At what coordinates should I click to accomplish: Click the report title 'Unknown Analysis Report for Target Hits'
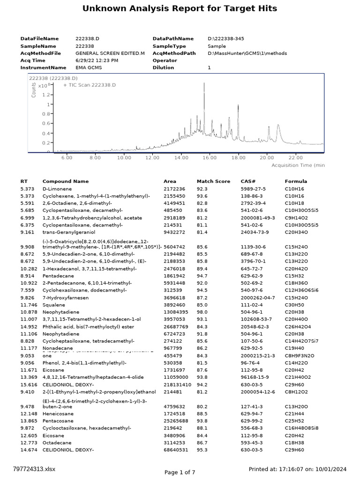pyautogui.click(x=180, y=8)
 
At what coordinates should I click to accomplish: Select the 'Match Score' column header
pyautogui.click(x=213, y=181)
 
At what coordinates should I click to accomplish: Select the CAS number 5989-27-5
pyautogui.click(x=253, y=188)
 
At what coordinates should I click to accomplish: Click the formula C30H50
pyautogui.click(x=293, y=305)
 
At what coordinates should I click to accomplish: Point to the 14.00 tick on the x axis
pyautogui.click(x=181, y=158)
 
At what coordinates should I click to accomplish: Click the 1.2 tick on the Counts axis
pyautogui.click(x=45, y=95)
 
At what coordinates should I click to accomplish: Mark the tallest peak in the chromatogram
pyautogui.click(x=204, y=83)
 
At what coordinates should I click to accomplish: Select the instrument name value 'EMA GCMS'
pyautogui.click(x=89, y=67)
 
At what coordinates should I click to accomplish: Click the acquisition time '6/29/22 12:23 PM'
pyautogui.click(x=97, y=60)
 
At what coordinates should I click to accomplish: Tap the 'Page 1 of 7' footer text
pyautogui.click(x=180, y=472)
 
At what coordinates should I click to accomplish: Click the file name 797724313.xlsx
pyautogui.click(x=34, y=468)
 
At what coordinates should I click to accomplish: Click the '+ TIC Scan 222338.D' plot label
pyautogui.click(x=89, y=85)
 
